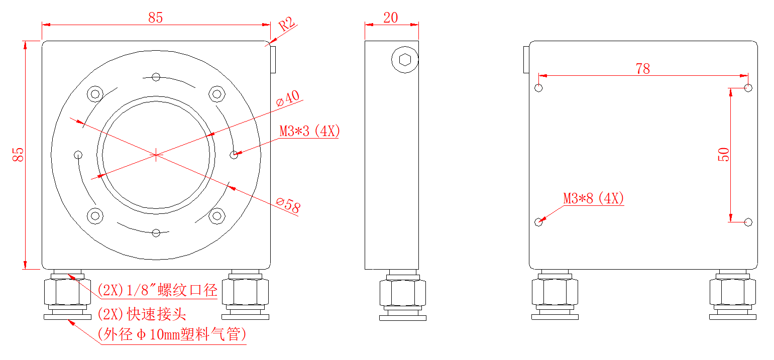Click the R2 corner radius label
click(288, 25)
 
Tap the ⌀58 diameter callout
click(288, 205)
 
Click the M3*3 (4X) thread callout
click(310, 132)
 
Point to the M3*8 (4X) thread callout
click(593, 198)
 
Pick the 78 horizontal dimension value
click(642, 69)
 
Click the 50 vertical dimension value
click(724, 154)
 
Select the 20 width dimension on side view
click(390, 18)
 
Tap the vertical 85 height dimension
click(18, 154)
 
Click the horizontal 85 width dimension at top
click(156, 18)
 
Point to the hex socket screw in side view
click(405, 60)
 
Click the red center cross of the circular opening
click(156, 155)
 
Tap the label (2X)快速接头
click(142, 314)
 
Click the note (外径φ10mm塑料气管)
click(172, 334)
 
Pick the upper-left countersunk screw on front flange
click(94, 93)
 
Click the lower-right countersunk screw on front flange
click(217, 216)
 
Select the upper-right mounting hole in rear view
click(748, 88)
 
